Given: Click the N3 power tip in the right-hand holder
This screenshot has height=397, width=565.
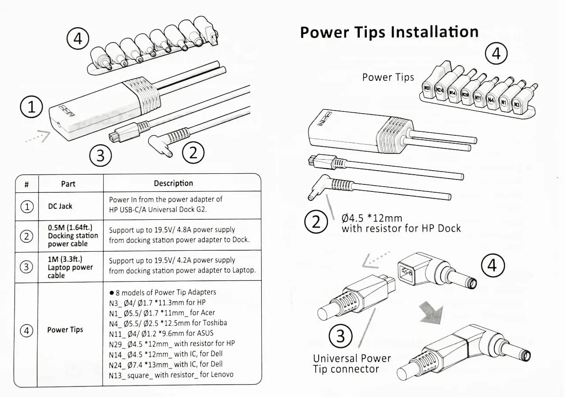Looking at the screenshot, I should point(516,105).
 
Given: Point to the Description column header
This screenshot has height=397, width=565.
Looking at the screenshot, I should point(173,183).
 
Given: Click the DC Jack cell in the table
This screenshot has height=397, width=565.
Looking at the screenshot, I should point(60,206).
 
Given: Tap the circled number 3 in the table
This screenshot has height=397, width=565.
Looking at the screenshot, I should point(27,267).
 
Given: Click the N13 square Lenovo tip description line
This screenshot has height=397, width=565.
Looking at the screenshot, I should point(171,374).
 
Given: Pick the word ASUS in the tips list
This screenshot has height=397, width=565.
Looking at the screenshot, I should point(203,333).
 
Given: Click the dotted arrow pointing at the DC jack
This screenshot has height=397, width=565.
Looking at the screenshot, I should point(37,137).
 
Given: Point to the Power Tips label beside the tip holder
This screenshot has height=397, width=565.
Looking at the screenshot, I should point(388,77).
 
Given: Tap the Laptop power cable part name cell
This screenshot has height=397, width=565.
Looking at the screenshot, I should point(70,267).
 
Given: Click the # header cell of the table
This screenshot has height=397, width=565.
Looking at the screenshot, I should point(26,183).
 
